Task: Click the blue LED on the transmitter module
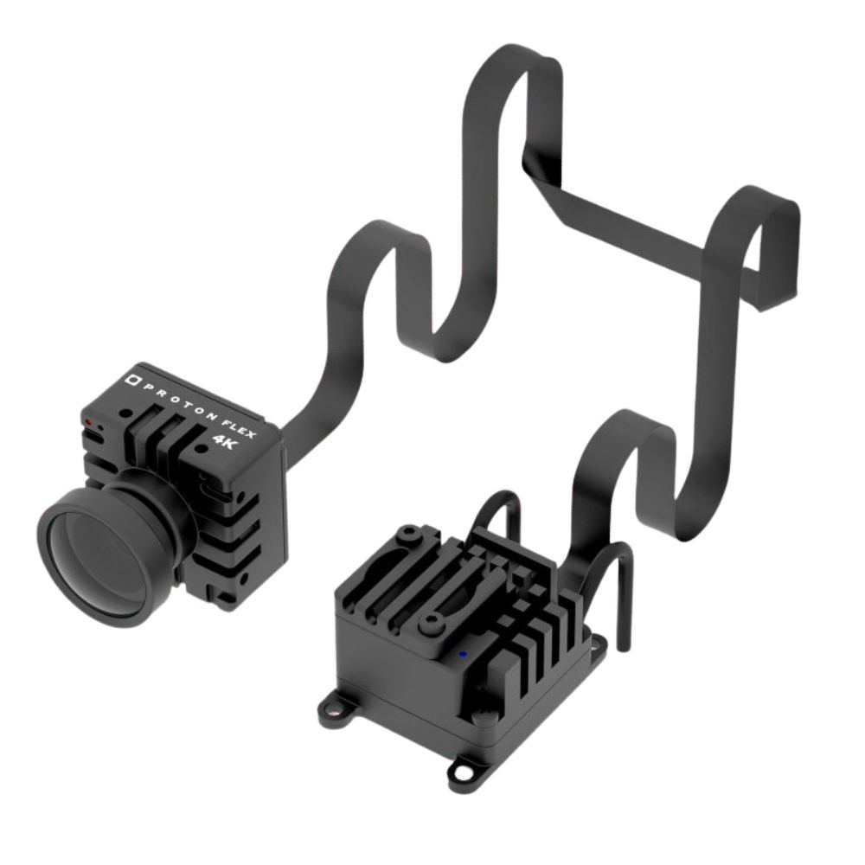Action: click(463, 654)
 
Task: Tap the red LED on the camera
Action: click(88, 422)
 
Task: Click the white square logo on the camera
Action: click(132, 379)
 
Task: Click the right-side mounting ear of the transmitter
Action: click(599, 643)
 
